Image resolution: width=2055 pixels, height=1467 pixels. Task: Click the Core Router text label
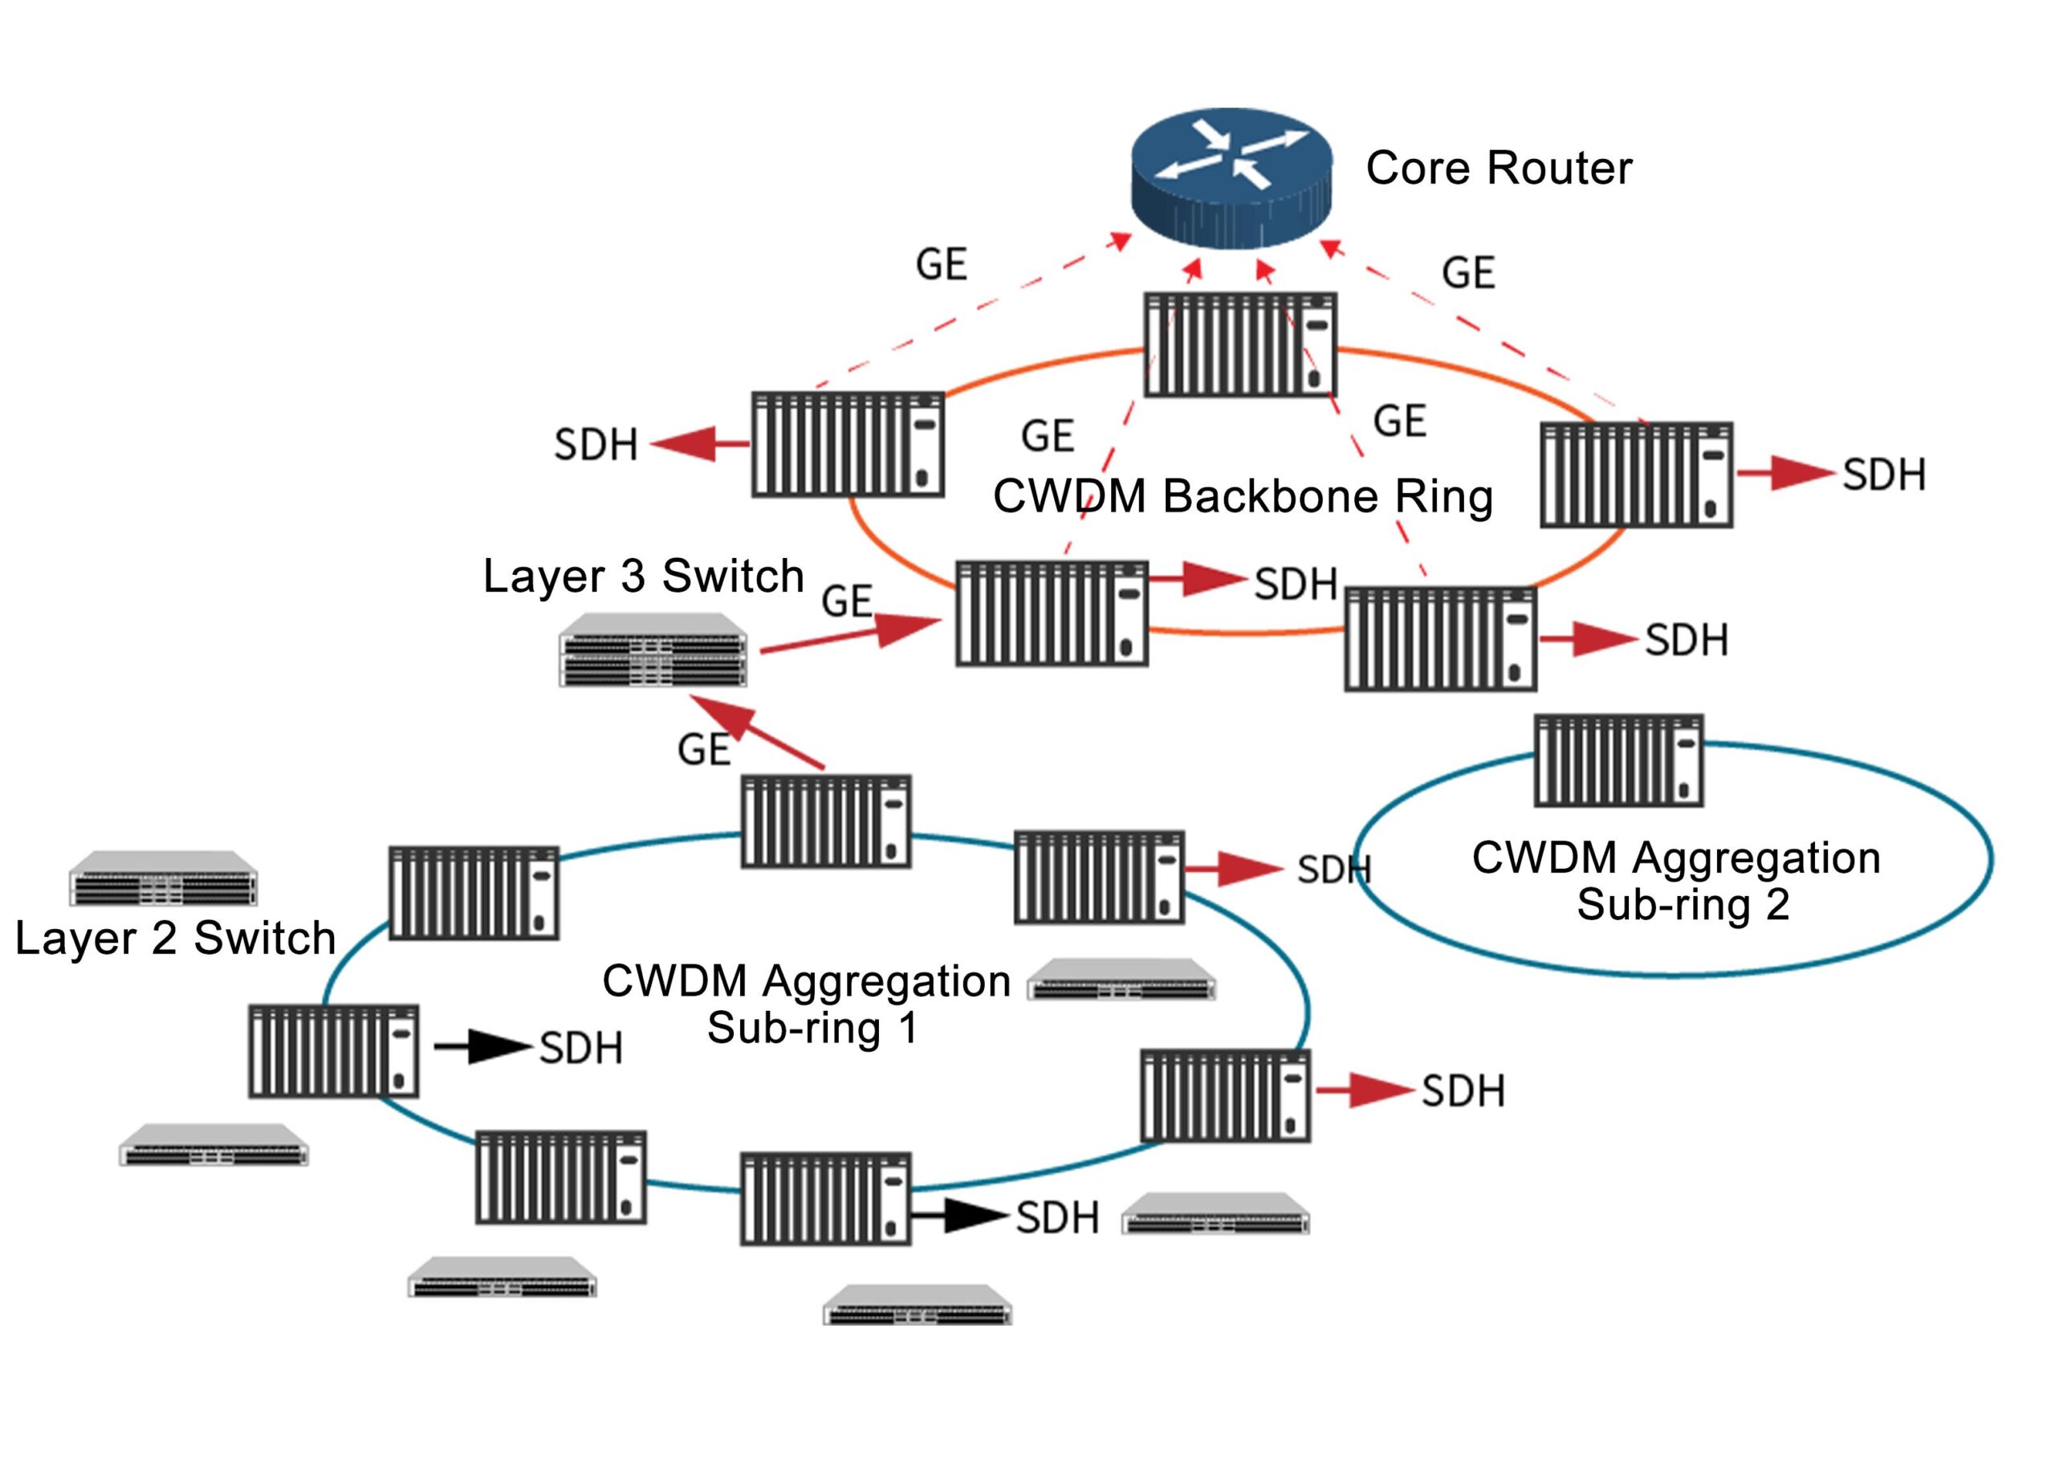click(1498, 168)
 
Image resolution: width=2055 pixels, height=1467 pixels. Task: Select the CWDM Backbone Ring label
click(1243, 496)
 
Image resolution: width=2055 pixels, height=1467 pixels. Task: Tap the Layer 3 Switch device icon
click(652, 650)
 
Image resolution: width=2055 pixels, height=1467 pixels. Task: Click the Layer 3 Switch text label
click(643, 576)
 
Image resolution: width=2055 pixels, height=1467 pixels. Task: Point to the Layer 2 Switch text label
click(175, 938)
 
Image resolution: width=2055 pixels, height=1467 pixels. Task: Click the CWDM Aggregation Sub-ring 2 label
click(1676, 881)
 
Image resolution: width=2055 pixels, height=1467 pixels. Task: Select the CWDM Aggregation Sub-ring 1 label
click(805, 1004)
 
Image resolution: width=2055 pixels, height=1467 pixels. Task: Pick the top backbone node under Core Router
click(1239, 344)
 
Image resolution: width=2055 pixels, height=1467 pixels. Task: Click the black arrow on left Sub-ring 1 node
click(482, 1047)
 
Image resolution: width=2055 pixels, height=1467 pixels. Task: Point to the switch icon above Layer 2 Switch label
click(164, 878)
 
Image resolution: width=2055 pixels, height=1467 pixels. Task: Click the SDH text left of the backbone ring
click(595, 445)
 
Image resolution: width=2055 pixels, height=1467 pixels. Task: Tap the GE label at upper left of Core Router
click(941, 265)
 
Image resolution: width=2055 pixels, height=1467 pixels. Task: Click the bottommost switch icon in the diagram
click(917, 1306)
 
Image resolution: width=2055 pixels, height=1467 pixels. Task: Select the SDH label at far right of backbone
click(1883, 475)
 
